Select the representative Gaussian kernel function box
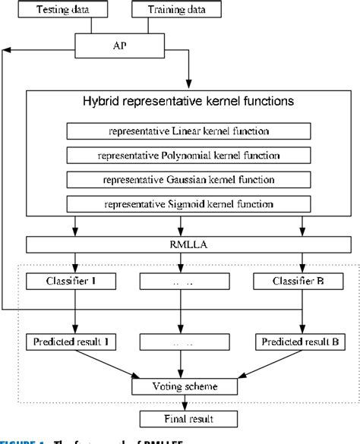tap(180, 179)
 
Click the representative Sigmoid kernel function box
tap(180, 204)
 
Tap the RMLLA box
tap(180, 244)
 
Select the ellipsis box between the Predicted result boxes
tap(180, 341)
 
